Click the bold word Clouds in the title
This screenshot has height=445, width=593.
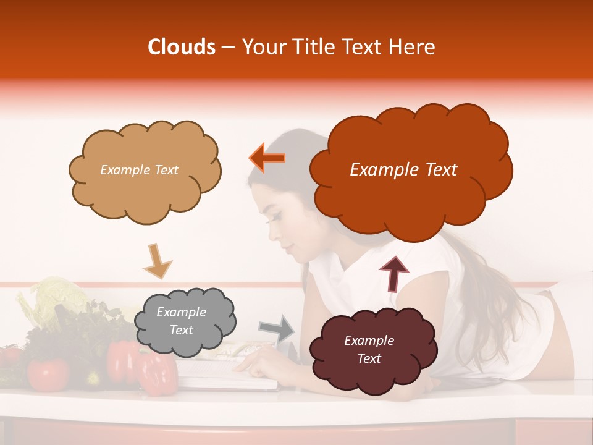tap(182, 47)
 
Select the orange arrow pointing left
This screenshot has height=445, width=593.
tap(267, 158)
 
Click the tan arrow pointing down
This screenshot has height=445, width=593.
tap(157, 260)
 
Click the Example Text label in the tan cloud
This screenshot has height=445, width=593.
tap(139, 170)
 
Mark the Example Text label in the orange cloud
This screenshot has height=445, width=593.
tap(403, 170)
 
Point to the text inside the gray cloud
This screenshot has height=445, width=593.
tap(181, 321)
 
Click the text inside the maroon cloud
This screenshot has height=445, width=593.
tap(369, 349)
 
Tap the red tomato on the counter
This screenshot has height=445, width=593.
tap(48, 373)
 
